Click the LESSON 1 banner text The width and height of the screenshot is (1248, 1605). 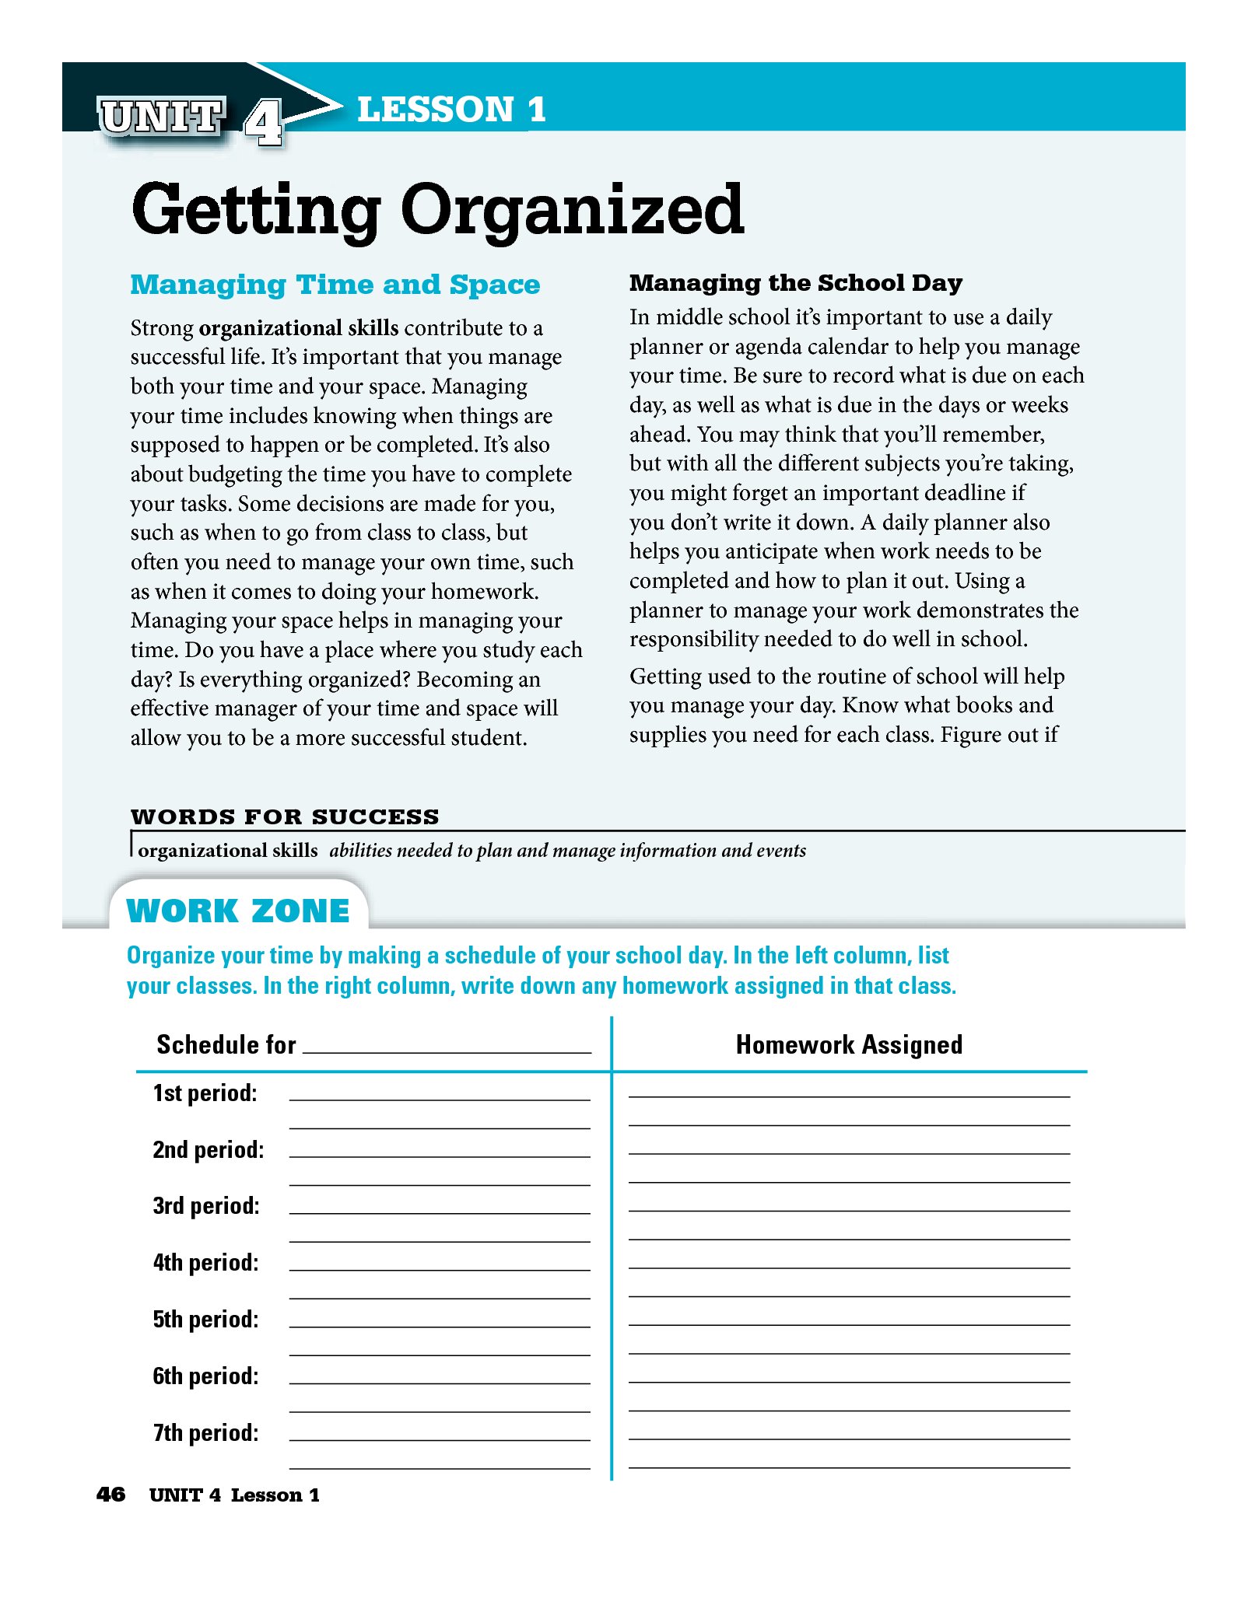pos(451,110)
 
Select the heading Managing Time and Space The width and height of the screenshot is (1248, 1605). pos(335,285)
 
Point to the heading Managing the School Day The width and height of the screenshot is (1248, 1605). pos(795,283)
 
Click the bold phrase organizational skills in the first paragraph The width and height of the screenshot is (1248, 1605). pos(299,328)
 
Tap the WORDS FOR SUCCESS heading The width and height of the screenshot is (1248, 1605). pos(285,816)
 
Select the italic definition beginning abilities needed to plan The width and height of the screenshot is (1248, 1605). pos(567,851)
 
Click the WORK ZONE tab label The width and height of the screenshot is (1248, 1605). pos(238,911)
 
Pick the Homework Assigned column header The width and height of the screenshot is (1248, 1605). pos(849,1044)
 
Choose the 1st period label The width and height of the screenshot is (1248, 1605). pos(205,1093)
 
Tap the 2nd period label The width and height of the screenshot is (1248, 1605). pos(209,1150)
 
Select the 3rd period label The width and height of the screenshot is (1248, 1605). pos(206,1206)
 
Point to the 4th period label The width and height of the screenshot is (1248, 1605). pos(206,1263)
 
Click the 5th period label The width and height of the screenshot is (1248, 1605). pos(206,1320)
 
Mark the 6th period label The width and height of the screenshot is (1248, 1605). pos(206,1376)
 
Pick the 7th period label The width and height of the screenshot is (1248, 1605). pos(206,1433)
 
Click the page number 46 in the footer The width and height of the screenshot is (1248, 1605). pos(110,1495)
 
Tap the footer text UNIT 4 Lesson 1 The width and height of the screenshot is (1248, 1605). pos(234,1495)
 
